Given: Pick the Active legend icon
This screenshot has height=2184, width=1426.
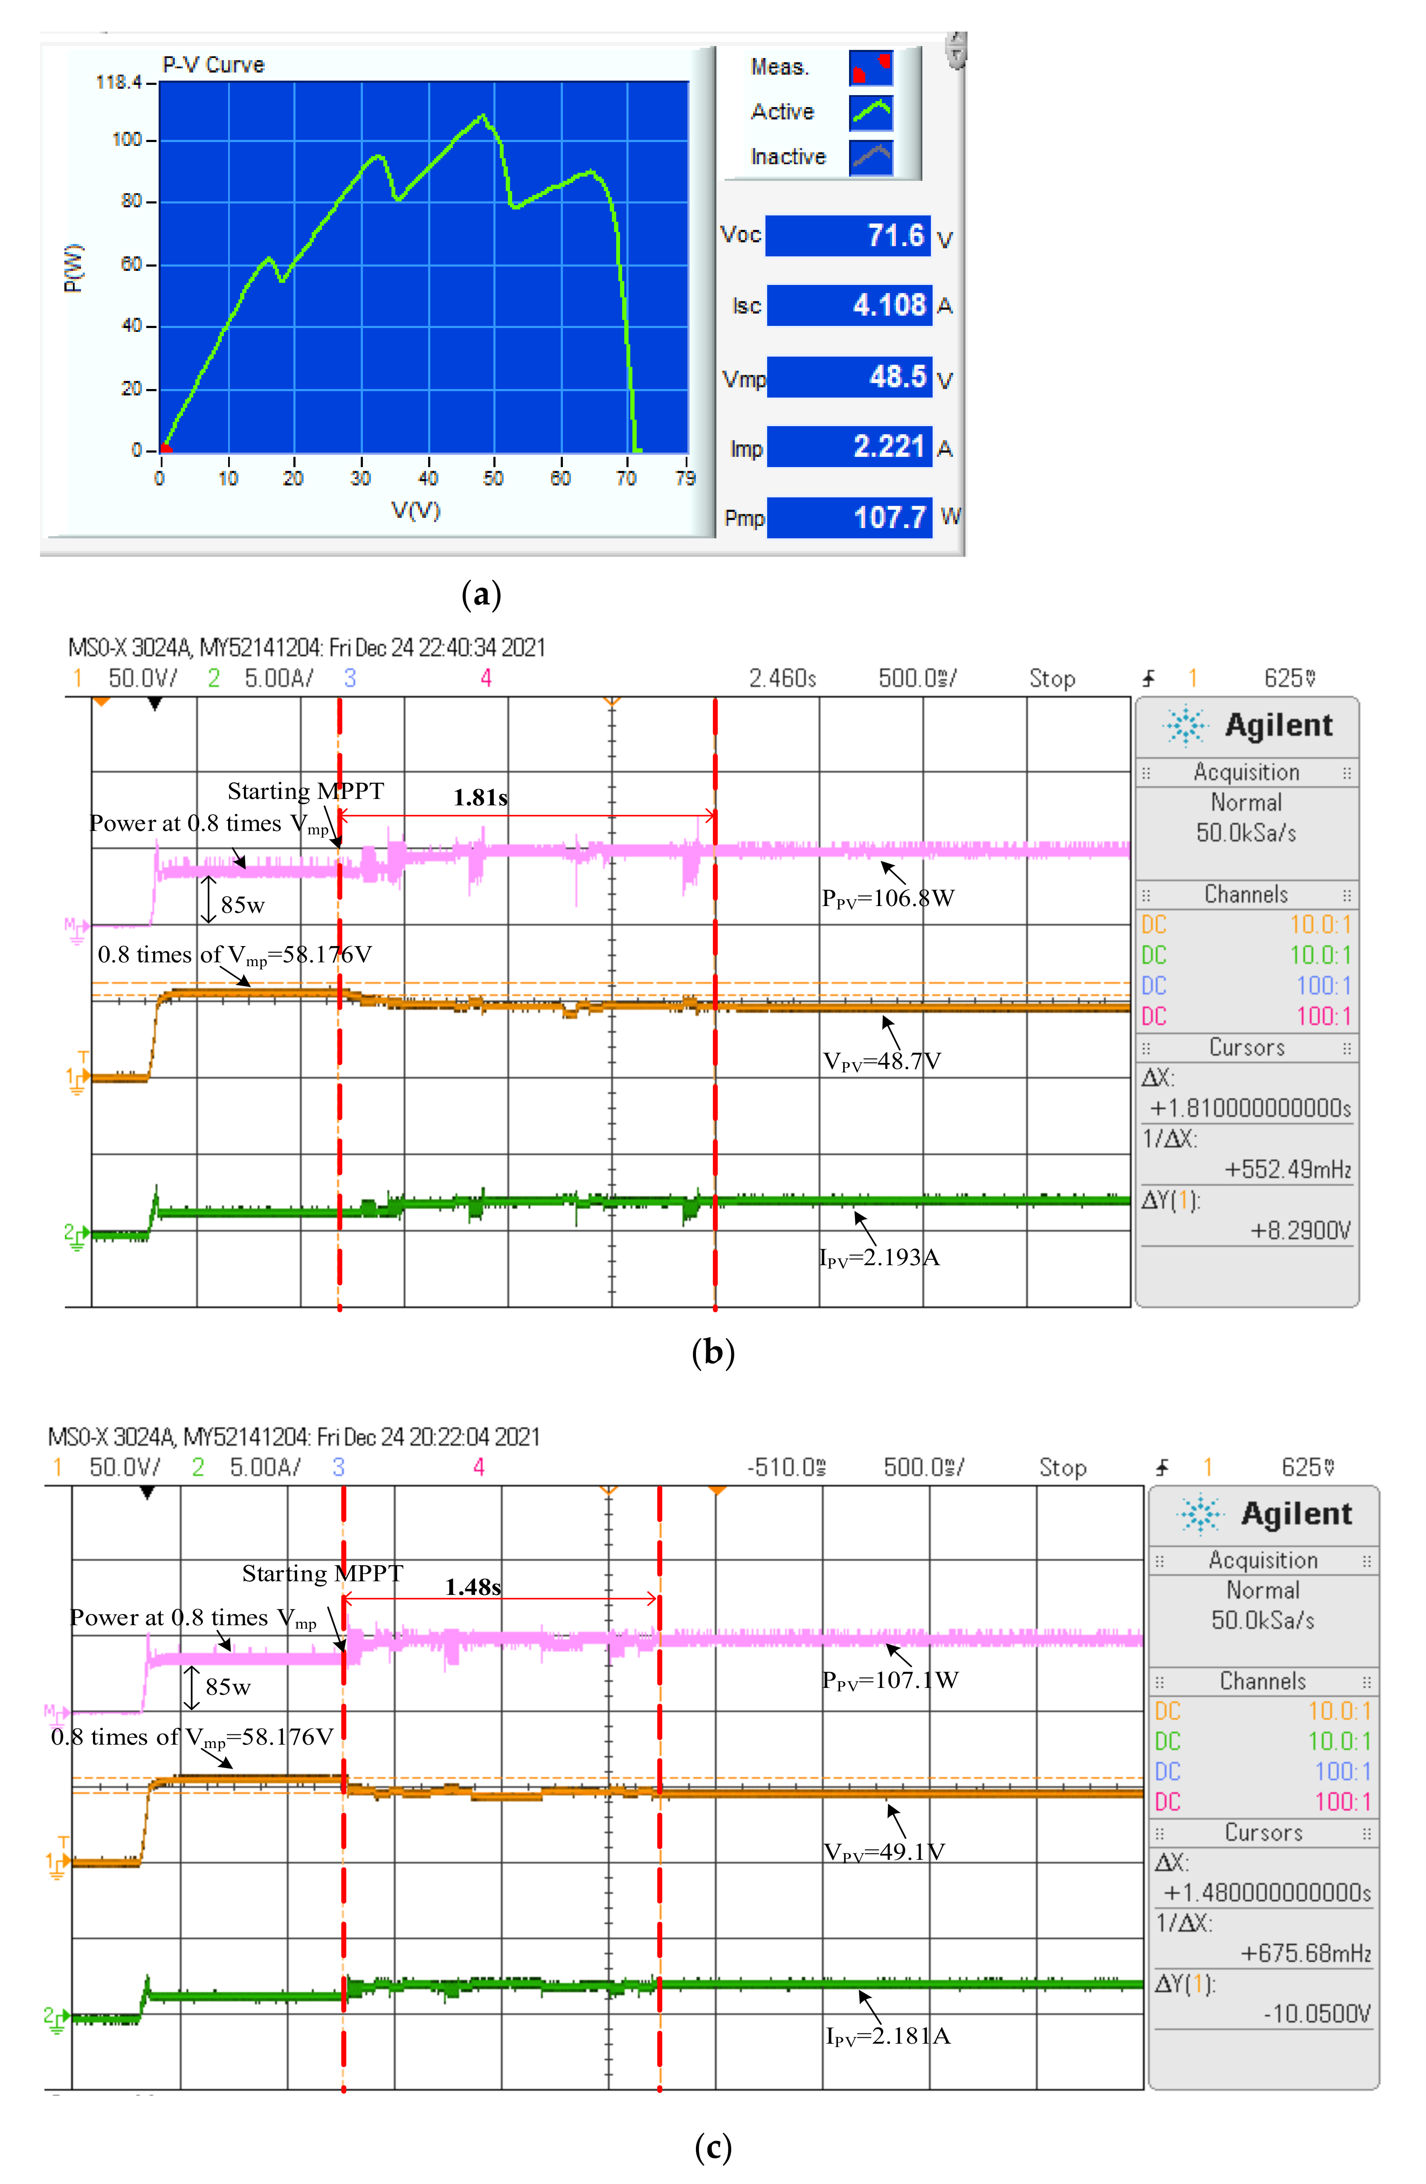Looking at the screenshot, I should pyautogui.click(x=870, y=112).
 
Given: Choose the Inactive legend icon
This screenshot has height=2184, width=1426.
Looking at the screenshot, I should pyautogui.click(x=870, y=157).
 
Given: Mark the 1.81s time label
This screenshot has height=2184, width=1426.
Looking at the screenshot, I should pyautogui.click(x=480, y=797).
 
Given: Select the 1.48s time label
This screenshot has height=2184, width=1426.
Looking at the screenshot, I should pyautogui.click(x=472, y=1587).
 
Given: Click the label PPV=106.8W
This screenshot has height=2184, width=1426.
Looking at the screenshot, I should pyautogui.click(x=887, y=898).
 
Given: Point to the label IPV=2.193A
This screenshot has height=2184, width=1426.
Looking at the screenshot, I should pyautogui.click(x=879, y=1257).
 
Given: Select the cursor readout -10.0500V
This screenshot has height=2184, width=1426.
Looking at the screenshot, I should pyautogui.click(x=1317, y=2013).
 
